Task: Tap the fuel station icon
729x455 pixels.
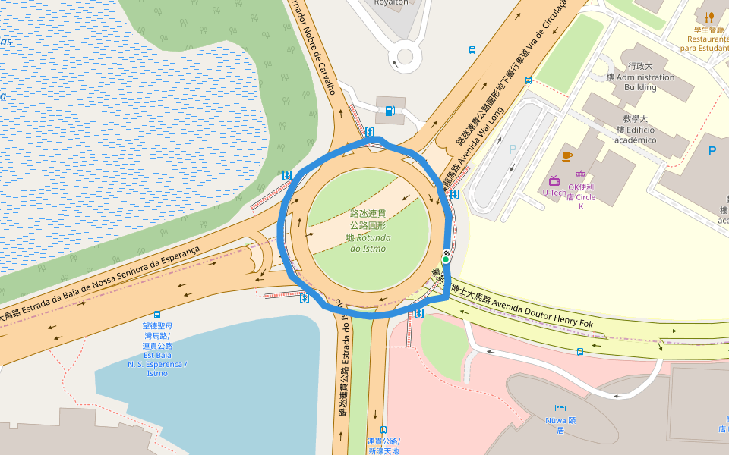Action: point(390,111)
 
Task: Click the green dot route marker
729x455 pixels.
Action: point(446,259)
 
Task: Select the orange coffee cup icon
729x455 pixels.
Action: point(566,156)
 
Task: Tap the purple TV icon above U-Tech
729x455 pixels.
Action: point(554,180)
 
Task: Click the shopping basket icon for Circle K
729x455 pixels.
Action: point(581,174)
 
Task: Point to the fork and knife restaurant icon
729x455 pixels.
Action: point(709,17)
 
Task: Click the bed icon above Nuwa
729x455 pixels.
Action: point(560,408)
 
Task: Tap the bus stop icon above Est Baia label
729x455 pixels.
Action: point(157,314)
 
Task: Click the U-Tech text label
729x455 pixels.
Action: point(554,193)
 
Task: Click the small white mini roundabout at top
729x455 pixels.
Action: point(405,56)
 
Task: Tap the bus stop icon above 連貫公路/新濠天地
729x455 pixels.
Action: point(383,429)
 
